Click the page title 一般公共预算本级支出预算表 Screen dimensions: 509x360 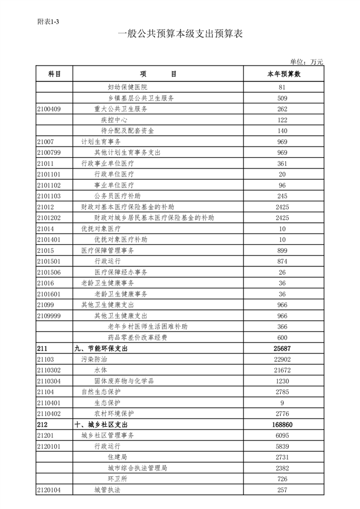180,34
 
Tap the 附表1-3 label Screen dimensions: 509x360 48,21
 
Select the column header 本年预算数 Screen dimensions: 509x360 283,74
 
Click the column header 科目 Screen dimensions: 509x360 54,74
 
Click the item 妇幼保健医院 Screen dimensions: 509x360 127,88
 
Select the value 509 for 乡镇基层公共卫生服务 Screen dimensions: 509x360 282,98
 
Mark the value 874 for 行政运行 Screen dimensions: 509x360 282,261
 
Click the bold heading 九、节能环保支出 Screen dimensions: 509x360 102,348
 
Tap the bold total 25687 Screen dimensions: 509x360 282,348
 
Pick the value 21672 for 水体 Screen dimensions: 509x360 282,370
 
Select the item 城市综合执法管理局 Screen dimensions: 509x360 137,468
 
